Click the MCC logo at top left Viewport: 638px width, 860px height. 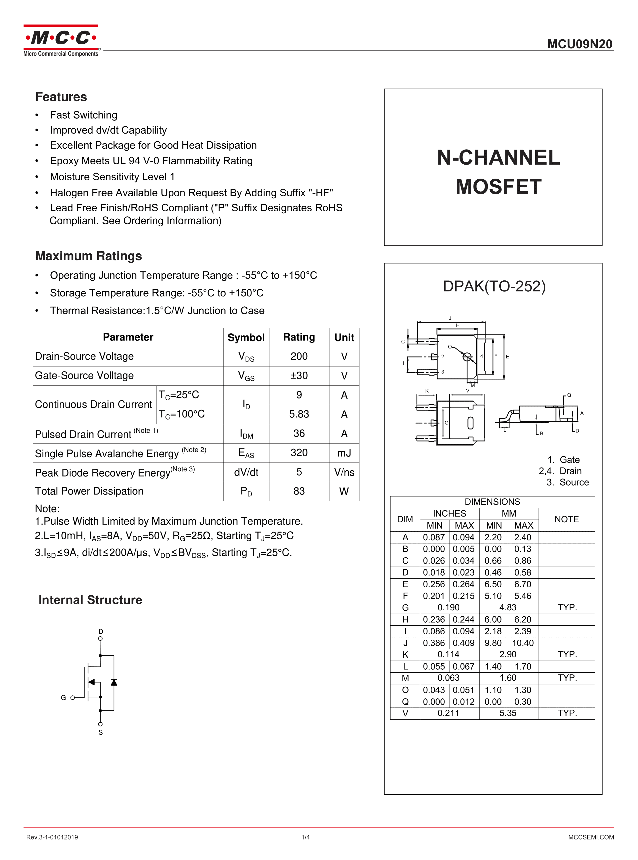point(61,41)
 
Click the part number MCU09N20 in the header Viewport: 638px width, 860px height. point(580,44)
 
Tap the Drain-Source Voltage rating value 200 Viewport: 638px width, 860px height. point(299,356)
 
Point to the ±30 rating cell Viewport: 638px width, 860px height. point(299,375)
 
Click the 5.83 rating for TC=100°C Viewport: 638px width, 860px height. point(299,414)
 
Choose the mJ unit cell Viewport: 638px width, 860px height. point(344,453)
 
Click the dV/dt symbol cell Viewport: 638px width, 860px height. point(246,472)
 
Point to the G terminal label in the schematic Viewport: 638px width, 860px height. point(63,698)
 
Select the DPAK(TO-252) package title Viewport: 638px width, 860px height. point(494,286)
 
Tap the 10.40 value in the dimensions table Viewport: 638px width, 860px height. point(523,643)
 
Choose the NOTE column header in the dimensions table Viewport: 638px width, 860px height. point(566,519)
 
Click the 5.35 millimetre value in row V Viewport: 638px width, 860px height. point(508,713)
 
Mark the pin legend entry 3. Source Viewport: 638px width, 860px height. point(568,483)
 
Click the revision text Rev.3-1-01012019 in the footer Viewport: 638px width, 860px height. point(52,837)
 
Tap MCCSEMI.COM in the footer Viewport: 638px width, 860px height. point(591,837)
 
